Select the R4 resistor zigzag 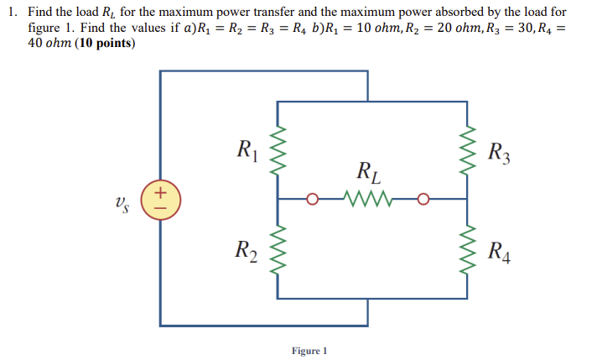pos(467,249)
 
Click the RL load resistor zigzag pos(366,200)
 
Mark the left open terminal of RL pos(314,200)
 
